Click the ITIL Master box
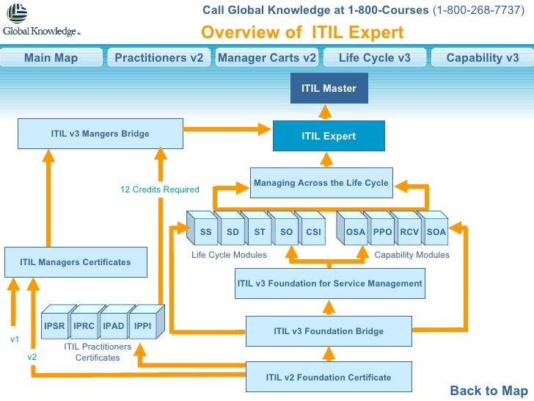pos(329,89)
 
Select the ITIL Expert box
pos(329,136)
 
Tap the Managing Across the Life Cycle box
pos(321,183)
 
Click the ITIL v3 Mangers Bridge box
pos(100,134)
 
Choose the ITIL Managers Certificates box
pos(76,262)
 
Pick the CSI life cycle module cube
pos(313,232)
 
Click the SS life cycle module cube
pos(206,232)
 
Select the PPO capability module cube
pos(382,232)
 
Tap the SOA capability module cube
pos(436,232)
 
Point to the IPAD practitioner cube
pos(114,325)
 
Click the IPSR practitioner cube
pos(55,325)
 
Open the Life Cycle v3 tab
pos(374,58)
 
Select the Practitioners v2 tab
pos(158,58)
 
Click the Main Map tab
pos(51,58)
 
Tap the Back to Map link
pos(489,391)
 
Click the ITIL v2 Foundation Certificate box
pos(328,377)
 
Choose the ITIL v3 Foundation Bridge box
pos(329,331)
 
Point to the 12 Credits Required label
pos(159,189)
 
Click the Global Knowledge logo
pos(40,21)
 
